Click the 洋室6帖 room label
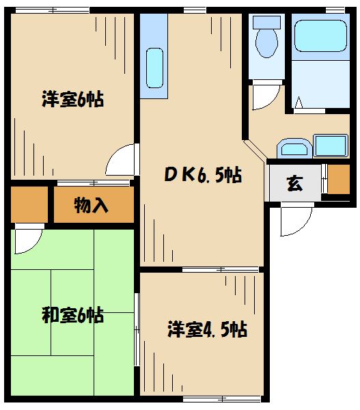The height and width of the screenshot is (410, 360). click(72, 100)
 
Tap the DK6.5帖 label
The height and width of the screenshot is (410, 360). click(202, 176)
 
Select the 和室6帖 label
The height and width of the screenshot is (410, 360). click(72, 316)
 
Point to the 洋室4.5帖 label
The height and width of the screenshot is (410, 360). click(207, 330)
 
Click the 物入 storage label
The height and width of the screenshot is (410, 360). click(92, 205)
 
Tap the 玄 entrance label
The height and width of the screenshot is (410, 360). click(294, 184)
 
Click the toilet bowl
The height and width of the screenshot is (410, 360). click(266, 43)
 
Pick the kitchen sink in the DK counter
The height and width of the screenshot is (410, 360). click(156, 66)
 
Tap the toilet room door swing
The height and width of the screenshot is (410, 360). click(265, 96)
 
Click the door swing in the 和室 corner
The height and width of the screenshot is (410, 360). click(27, 239)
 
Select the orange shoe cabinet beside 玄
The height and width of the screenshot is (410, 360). click(339, 179)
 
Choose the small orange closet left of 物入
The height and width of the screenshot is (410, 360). click(29, 205)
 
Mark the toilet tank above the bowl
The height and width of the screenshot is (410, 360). click(266, 21)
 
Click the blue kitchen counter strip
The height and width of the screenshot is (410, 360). click(155, 51)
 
